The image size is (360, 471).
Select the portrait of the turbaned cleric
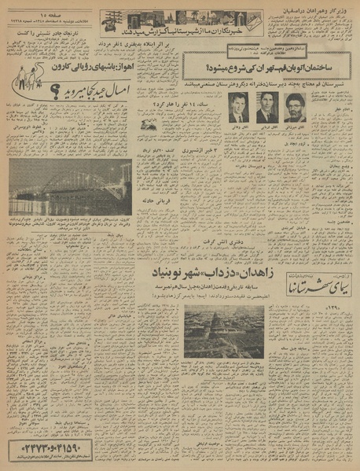click(294, 107)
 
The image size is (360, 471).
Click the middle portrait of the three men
click(266, 107)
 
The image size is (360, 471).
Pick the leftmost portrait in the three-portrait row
click(237, 107)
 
